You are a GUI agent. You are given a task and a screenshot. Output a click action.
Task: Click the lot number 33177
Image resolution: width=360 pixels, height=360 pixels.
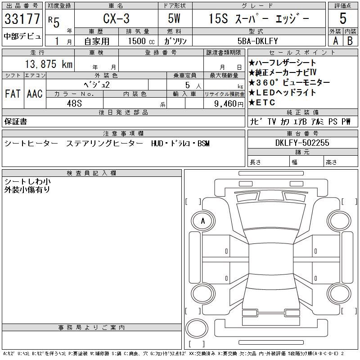tap(22, 18)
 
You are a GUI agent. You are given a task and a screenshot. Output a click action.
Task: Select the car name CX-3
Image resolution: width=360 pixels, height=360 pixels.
tap(116, 18)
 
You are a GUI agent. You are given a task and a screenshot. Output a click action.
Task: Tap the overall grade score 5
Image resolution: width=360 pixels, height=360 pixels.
tap(343, 18)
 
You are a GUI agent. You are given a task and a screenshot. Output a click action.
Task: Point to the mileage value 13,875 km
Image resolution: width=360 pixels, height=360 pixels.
tap(49, 64)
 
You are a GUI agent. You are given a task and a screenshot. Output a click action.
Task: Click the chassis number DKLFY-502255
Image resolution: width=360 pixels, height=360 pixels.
tap(302, 143)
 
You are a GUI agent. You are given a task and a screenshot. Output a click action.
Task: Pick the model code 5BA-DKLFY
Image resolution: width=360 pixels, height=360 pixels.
tap(257, 41)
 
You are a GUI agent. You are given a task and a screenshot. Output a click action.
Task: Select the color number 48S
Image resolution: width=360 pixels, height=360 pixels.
tap(74, 103)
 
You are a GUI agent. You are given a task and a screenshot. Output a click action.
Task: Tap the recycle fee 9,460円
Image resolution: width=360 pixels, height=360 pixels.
tap(229, 104)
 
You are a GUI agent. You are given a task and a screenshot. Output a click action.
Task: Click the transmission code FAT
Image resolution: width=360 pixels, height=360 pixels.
tap(13, 94)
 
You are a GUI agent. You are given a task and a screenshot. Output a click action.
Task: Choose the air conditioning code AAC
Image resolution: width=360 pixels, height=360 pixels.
tap(35, 94)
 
